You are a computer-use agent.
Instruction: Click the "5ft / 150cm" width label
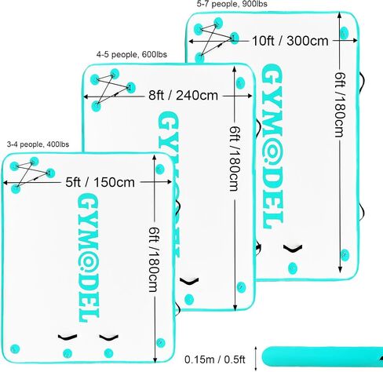[x=100, y=182]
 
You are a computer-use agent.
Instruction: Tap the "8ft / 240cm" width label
[x=183, y=95]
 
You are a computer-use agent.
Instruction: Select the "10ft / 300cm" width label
[x=290, y=41]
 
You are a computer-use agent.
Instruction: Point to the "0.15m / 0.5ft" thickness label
[x=215, y=359]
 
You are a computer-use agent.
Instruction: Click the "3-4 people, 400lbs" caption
[x=38, y=144]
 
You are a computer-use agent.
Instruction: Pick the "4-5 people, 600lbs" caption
[x=132, y=54]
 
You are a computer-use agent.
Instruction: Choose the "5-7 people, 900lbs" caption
[x=232, y=4]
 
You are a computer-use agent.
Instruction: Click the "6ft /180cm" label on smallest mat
[x=154, y=259]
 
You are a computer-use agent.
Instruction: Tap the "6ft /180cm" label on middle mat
[x=234, y=159]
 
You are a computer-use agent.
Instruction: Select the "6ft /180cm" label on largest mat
[x=340, y=104]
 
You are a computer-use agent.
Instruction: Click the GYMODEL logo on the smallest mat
[x=89, y=257]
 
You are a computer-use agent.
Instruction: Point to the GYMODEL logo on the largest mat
[x=272, y=147]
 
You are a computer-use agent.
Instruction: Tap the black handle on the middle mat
[x=189, y=282]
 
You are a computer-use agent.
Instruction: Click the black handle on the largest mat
[x=293, y=249]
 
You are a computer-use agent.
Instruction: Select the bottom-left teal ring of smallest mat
[x=15, y=348]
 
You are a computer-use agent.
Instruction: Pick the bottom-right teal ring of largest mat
[x=345, y=254]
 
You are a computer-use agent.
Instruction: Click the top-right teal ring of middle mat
[x=239, y=82]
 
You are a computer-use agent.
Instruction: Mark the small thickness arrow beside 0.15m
[x=256, y=359]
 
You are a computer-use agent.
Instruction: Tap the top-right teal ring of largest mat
[x=344, y=33]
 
